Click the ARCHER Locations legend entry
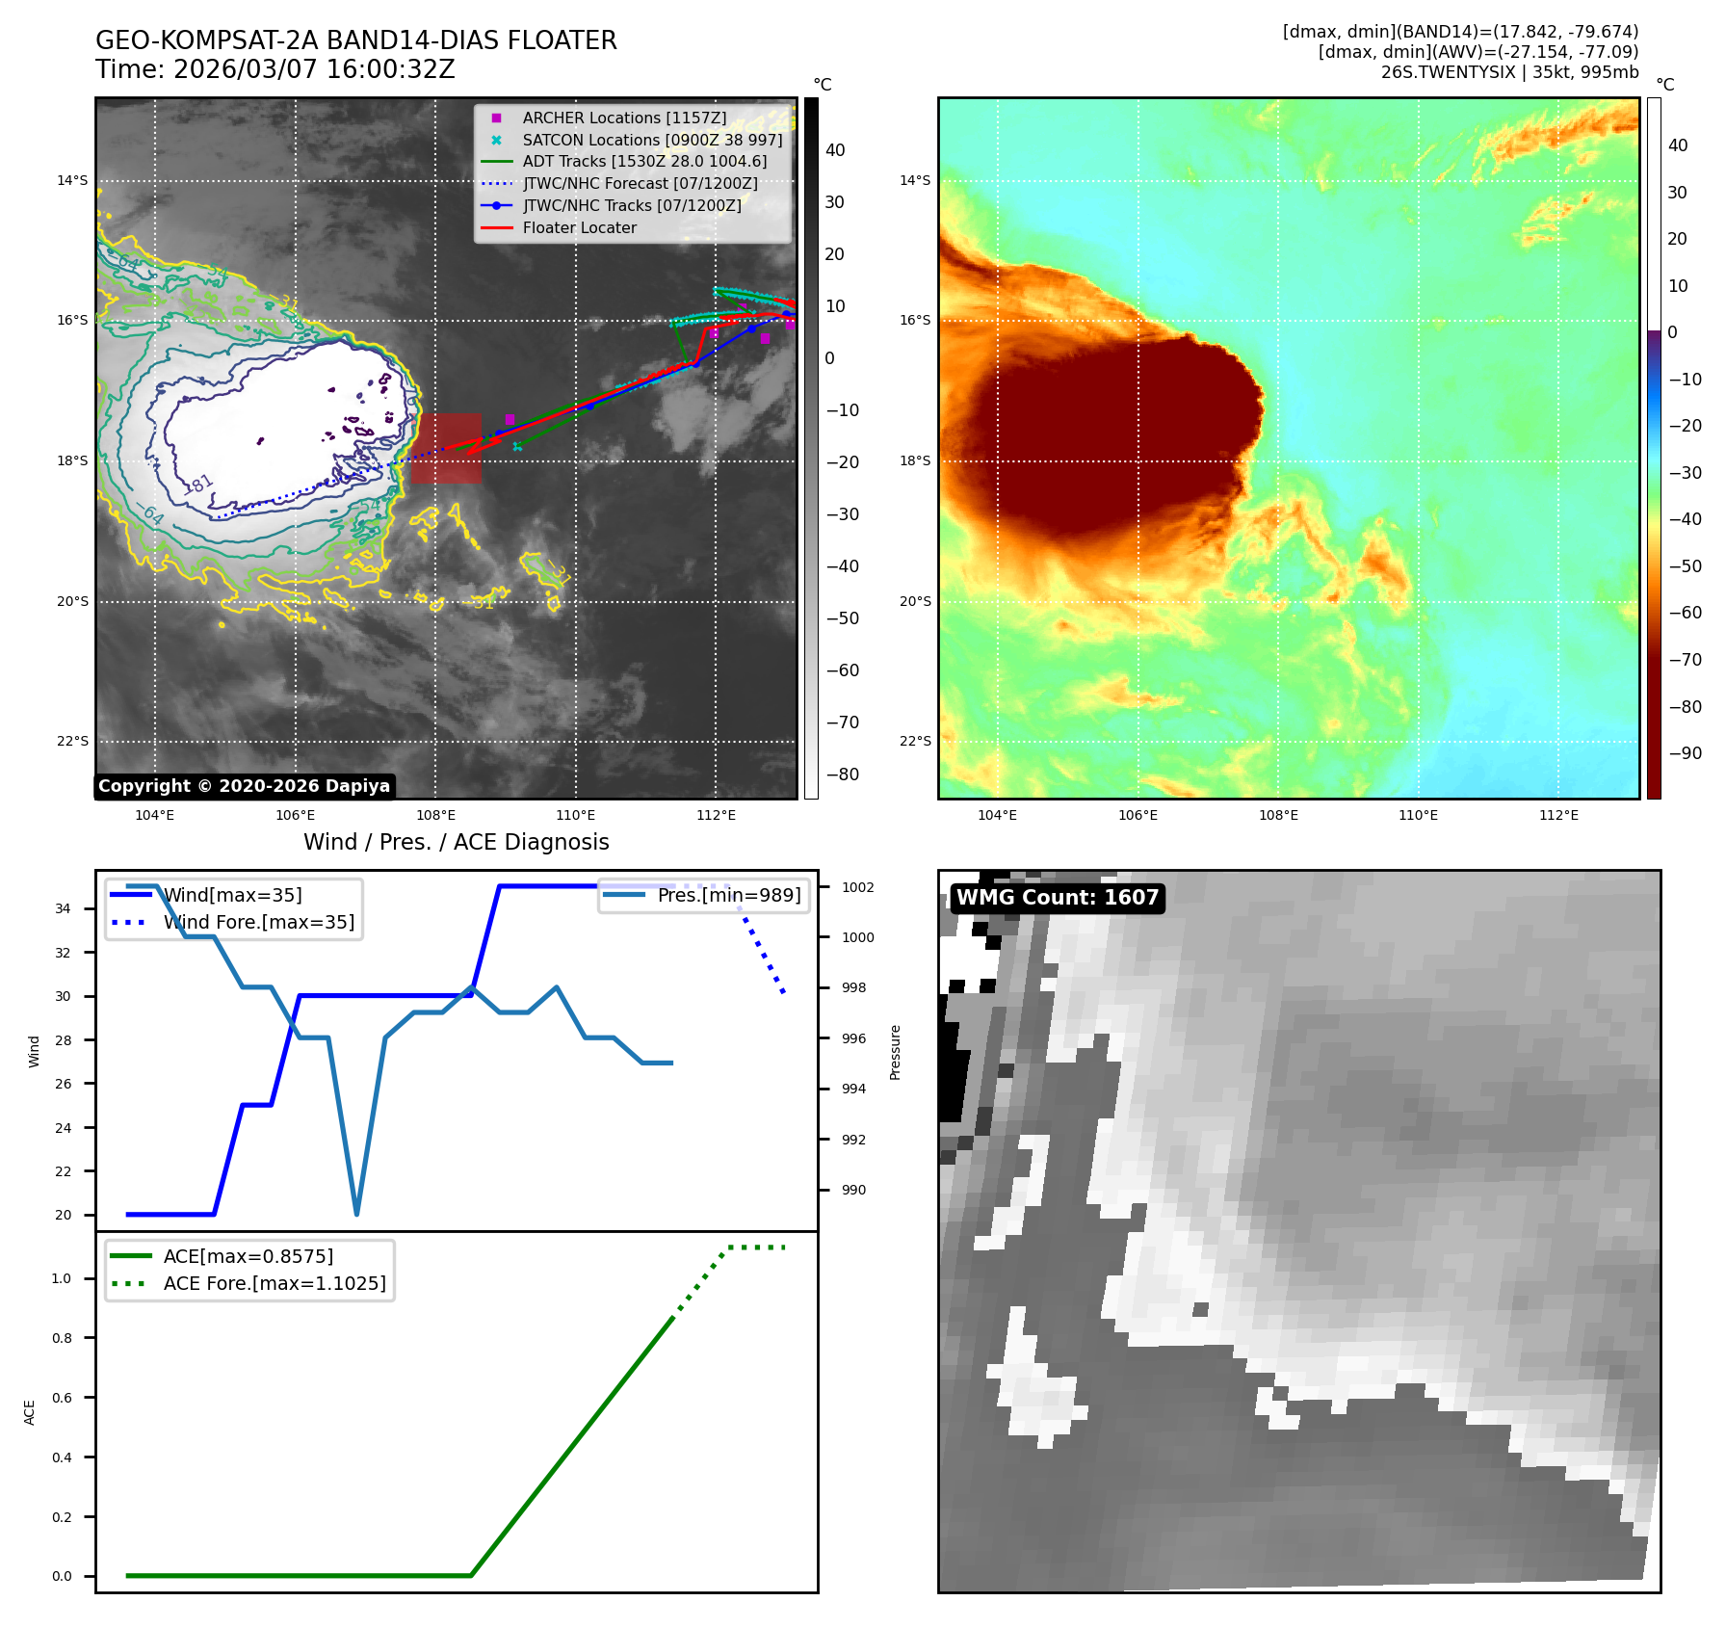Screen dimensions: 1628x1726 click(624, 118)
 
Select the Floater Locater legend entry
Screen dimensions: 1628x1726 click(579, 228)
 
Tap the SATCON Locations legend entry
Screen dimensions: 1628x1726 click(652, 140)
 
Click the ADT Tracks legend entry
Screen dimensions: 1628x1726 click(644, 162)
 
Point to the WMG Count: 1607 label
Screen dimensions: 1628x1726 click(1057, 898)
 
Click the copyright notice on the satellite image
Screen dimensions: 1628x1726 click(244, 786)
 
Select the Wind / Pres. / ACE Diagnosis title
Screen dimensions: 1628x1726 click(456, 842)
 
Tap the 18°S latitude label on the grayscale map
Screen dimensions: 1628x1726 click(72, 460)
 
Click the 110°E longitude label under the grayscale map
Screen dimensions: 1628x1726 click(575, 815)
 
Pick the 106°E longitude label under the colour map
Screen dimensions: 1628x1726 click(1138, 815)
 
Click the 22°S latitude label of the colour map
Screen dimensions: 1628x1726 click(915, 741)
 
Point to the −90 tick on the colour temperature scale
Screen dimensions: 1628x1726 click(1685, 753)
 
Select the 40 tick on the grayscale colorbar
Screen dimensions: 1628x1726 click(835, 150)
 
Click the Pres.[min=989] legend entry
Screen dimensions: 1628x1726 click(728, 895)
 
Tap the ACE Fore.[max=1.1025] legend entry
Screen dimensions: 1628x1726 click(275, 1283)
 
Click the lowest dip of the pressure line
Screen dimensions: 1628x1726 click(356, 1214)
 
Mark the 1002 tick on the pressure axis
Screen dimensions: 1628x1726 click(857, 887)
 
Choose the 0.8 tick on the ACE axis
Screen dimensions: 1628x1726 click(62, 1338)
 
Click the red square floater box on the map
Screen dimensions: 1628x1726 click(446, 449)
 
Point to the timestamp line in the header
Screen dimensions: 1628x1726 click(275, 69)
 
